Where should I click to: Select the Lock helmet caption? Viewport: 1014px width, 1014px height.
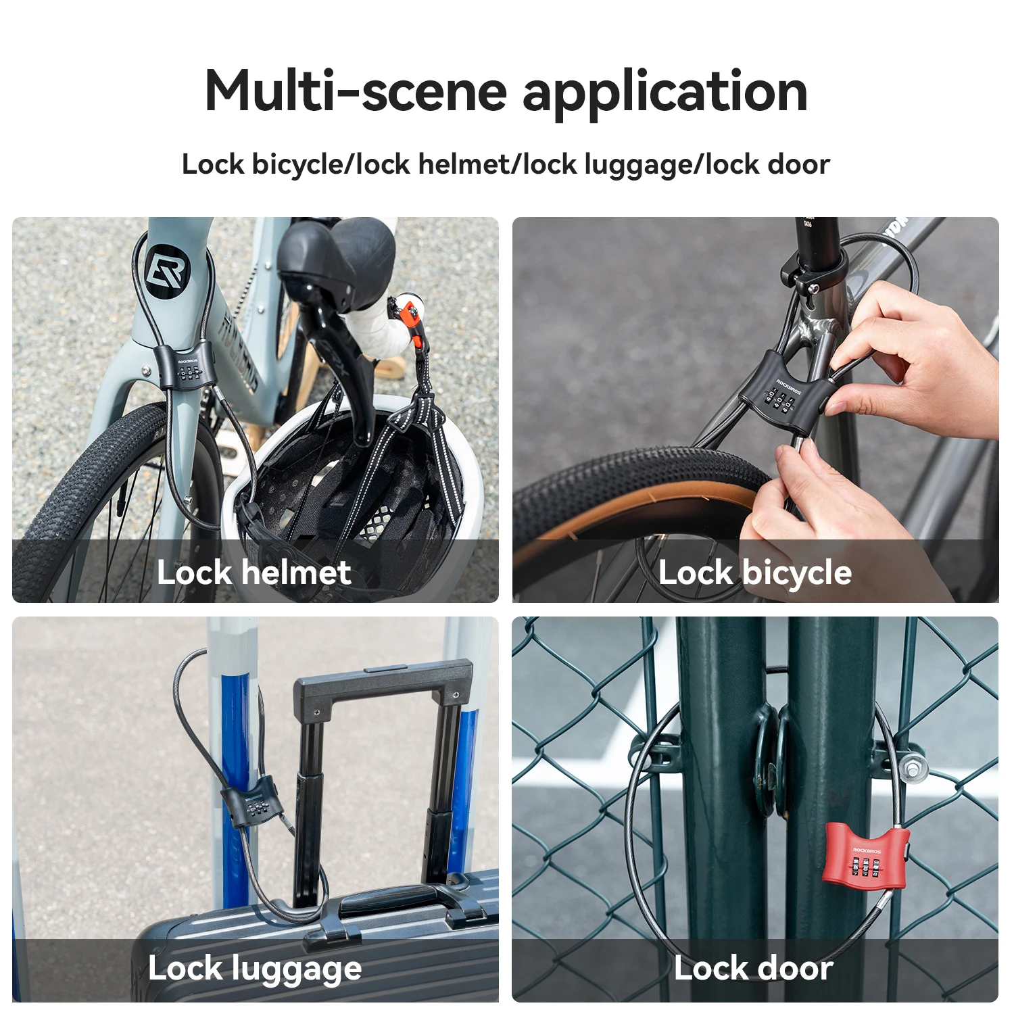pos(254,573)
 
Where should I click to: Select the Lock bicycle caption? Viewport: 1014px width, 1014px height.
pos(754,573)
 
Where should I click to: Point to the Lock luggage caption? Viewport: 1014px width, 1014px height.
pos(255,969)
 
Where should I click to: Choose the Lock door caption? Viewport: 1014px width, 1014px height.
pos(753,969)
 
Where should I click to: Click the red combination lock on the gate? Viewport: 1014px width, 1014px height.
pos(865,855)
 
